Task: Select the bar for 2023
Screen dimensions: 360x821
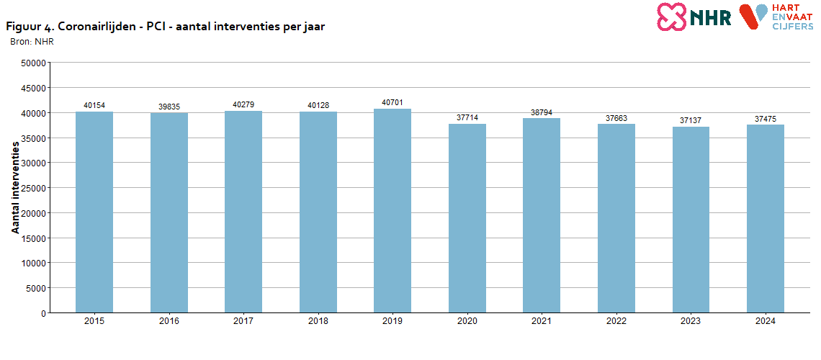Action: [x=691, y=220]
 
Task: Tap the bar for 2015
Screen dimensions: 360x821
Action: [x=94, y=212]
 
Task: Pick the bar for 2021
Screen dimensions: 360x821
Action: [x=542, y=215]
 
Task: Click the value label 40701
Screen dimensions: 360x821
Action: [x=392, y=103]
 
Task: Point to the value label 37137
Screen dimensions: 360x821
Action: [x=691, y=121]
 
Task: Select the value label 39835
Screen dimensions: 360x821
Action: [x=169, y=107]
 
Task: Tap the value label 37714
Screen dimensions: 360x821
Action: [x=467, y=118]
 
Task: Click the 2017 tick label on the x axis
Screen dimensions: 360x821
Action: [x=243, y=322]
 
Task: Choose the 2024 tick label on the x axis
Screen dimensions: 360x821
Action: [x=765, y=322]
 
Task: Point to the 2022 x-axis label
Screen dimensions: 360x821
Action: [x=616, y=322]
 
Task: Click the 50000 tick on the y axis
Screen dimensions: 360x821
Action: [x=34, y=63]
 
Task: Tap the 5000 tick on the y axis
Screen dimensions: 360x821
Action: [x=36, y=288]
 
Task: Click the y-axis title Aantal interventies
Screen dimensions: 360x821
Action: [x=15, y=187]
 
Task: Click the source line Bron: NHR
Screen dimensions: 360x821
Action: [x=32, y=41]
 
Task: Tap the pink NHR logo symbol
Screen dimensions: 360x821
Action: [x=671, y=17]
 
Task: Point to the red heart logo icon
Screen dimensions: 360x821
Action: [x=754, y=16]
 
